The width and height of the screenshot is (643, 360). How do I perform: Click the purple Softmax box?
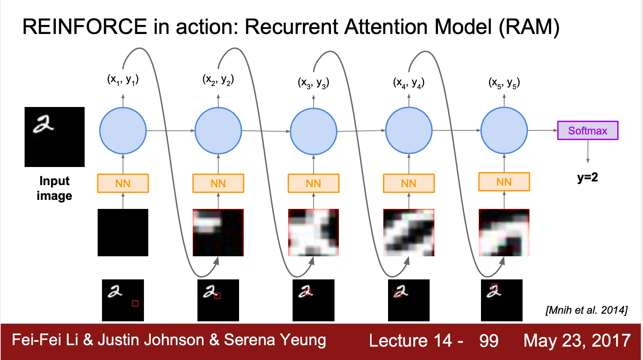588,130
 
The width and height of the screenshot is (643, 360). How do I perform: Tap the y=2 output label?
587,177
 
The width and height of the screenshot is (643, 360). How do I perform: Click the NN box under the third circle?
313,183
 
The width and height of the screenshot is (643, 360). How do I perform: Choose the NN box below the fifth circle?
504,182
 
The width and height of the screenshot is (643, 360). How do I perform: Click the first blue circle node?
123,130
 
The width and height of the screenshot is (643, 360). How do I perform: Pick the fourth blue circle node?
409,130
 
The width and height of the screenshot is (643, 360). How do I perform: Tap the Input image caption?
54,188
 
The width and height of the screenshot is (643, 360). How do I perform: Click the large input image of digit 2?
55,137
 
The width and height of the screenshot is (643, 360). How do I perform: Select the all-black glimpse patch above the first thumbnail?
123,232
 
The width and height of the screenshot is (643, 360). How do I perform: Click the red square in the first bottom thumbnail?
135,303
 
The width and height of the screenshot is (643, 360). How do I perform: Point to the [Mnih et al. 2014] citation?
586,310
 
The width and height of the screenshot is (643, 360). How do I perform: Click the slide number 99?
489,340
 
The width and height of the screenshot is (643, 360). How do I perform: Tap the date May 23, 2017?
577,340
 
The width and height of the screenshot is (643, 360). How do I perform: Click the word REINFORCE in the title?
85,27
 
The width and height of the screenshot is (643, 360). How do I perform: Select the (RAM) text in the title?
529,27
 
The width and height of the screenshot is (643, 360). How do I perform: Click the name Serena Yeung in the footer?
275,340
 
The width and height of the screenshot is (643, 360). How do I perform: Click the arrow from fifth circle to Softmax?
542,130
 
